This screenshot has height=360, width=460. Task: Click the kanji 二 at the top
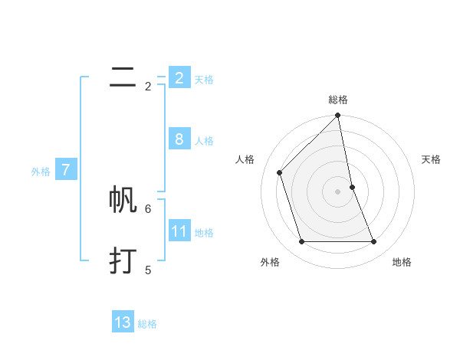pyautogui.click(x=123, y=77)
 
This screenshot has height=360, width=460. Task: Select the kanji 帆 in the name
pyautogui.click(x=123, y=199)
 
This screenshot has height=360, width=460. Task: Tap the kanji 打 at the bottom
pyautogui.click(x=123, y=261)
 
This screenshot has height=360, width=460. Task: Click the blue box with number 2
pyautogui.click(x=179, y=78)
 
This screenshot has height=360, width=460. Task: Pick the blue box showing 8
pyautogui.click(x=179, y=139)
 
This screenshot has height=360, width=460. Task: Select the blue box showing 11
pyautogui.click(x=179, y=231)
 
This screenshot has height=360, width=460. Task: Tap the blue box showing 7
pyautogui.click(x=66, y=170)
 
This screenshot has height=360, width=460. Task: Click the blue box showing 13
pyautogui.click(x=123, y=322)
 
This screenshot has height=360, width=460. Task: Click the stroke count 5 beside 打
pyautogui.click(x=148, y=270)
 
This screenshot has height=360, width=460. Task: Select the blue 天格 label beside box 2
pyautogui.click(x=204, y=80)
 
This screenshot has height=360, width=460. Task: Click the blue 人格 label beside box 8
pyautogui.click(x=204, y=141)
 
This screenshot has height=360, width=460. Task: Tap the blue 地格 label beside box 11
pyautogui.click(x=204, y=233)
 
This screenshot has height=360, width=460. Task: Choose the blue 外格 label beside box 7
pyautogui.click(x=41, y=172)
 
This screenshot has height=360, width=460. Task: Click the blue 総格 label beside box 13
pyautogui.click(x=147, y=324)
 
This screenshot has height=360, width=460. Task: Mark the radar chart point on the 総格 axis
pyautogui.click(x=338, y=116)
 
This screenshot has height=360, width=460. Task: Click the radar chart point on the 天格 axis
pyautogui.click(x=352, y=187)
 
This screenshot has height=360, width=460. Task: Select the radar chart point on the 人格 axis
pyautogui.click(x=280, y=172)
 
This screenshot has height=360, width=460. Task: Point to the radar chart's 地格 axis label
pyautogui.click(x=402, y=262)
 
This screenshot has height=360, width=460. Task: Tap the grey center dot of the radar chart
pyautogui.click(x=338, y=191)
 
